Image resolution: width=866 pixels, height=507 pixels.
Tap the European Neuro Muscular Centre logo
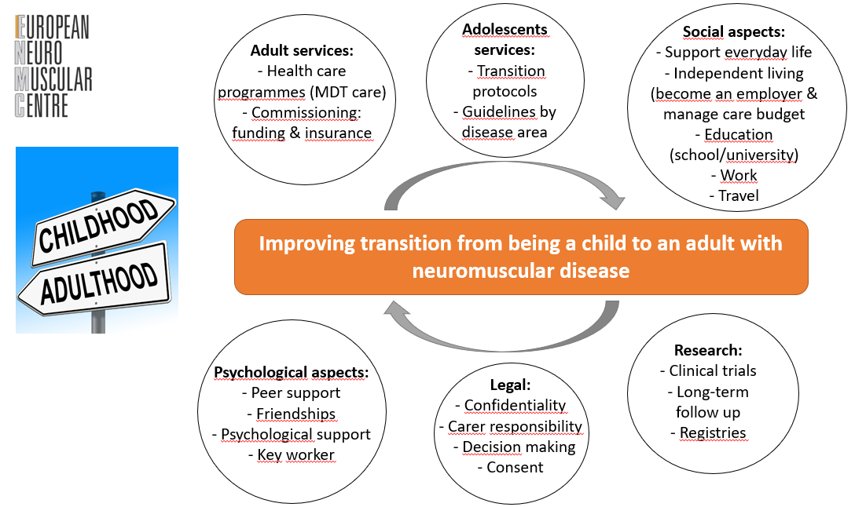pos(53,66)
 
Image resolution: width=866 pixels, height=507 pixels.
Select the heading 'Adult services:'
pos(302,51)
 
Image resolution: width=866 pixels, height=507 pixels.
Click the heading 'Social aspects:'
pos(733,32)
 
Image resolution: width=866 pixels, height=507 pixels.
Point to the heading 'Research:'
pos(708,350)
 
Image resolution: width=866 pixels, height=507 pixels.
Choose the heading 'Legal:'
pos(510,385)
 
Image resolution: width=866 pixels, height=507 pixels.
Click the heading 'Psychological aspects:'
pos(291,373)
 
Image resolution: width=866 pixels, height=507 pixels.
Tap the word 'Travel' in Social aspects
pos(739,196)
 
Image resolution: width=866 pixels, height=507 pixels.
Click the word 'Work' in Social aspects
pos(739,176)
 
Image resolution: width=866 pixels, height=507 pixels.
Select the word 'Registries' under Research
pos(713,433)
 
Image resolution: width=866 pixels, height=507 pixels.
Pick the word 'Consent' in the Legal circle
pos(515,467)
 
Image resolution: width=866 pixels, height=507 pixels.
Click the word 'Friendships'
pos(296,414)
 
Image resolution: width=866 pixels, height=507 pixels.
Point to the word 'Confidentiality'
pos(515,406)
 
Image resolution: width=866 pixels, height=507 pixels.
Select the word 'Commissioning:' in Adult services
pos(306,112)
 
